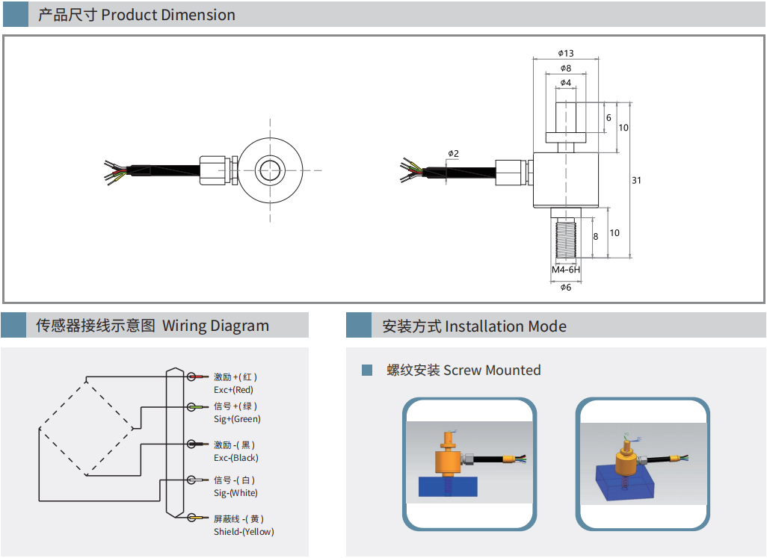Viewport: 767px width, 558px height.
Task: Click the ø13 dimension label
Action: [x=565, y=53]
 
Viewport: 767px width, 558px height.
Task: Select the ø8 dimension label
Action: [x=565, y=68]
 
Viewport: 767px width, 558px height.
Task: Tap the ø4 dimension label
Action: [x=565, y=82]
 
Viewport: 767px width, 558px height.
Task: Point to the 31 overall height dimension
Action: [x=636, y=180]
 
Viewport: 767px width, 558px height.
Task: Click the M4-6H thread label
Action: [x=566, y=270]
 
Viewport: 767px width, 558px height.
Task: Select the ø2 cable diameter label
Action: [x=453, y=154]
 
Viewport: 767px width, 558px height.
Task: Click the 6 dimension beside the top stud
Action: [x=609, y=118]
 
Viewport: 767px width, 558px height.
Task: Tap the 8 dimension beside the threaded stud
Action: [x=596, y=236]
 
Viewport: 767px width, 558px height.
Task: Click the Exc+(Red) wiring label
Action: [x=233, y=390]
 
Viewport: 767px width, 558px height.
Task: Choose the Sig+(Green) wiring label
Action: [x=237, y=419]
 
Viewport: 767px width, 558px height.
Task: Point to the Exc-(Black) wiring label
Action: [x=235, y=458]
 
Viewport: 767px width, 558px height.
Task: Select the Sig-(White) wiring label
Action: [x=235, y=493]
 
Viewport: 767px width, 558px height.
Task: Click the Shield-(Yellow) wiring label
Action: [x=244, y=532]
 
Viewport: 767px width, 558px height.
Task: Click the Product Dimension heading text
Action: [x=168, y=15]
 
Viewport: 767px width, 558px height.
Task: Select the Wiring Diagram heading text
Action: [x=215, y=326]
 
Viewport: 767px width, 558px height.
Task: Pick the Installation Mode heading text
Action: [x=505, y=326]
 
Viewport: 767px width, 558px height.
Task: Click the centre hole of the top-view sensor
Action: [x=270, y=170]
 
